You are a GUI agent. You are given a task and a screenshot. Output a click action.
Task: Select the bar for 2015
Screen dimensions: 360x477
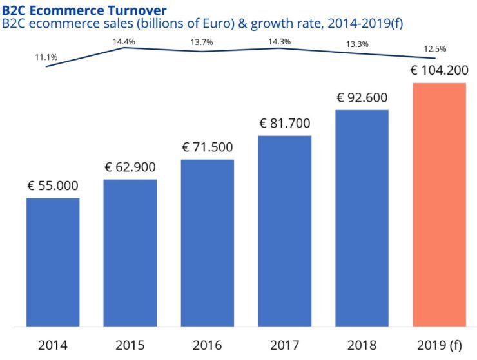(x=130, y=252)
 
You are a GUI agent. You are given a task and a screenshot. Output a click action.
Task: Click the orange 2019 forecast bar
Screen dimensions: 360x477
(x=439, y=204)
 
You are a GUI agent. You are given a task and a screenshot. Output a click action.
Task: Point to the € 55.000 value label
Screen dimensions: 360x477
(x=53, y=186)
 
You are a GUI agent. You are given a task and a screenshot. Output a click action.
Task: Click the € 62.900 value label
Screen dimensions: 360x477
(x=130, y=167)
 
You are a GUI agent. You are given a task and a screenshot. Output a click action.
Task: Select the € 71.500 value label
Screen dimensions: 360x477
(x=208, y=147)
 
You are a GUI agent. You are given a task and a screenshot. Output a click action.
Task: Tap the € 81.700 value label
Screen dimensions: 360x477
(x=285, y=123)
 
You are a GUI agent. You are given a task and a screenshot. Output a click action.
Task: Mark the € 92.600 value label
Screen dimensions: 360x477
(x=362, y=98)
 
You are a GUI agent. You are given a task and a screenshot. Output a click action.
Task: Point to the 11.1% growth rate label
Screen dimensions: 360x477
(x=46, y=57)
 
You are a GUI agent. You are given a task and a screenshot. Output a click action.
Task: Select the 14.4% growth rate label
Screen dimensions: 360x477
(x=124, y=41)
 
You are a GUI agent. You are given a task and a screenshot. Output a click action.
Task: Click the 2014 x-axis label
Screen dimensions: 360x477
(x=53, y=345)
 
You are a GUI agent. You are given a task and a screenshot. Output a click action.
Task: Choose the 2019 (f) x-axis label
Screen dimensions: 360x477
(x=439, y=345)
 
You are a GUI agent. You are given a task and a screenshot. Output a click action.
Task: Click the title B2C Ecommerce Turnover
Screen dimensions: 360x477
(x=84, y=10)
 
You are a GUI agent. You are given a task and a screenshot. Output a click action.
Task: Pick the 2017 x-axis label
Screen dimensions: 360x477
(x=285, y=345)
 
